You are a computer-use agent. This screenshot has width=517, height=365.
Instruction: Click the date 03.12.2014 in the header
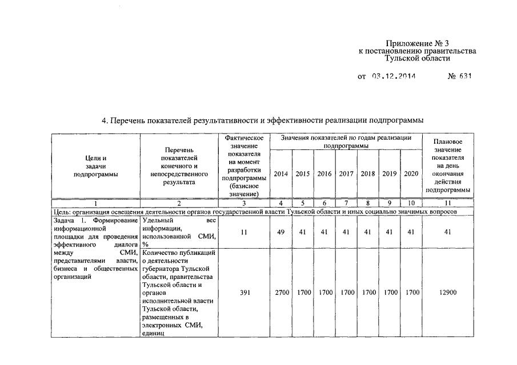(394, 75)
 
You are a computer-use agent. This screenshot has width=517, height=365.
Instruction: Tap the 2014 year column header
(281, 174)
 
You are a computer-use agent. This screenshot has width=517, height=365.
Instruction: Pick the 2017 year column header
(346, 174)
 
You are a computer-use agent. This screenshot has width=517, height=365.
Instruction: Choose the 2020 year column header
(411, 174)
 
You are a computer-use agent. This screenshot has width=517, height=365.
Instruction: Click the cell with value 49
(281, 232)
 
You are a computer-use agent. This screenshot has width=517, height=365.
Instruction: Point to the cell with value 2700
(281, 293)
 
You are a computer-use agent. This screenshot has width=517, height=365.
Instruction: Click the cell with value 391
(245, 293)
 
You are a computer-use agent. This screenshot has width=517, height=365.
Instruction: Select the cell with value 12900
(448, 293)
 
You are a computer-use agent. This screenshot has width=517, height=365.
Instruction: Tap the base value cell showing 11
(245, 232)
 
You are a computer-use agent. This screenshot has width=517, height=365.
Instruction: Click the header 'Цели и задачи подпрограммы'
(95, 166)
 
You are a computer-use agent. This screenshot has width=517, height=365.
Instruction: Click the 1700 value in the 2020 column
(411, 293)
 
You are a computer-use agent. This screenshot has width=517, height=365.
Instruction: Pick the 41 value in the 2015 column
(303, 232)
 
